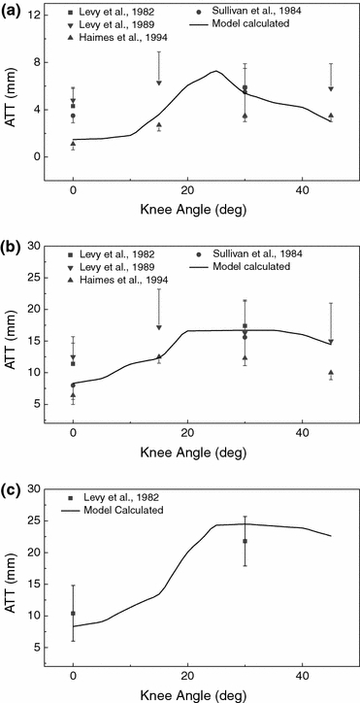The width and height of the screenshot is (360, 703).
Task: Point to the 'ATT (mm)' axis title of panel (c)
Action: click(12, 573)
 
